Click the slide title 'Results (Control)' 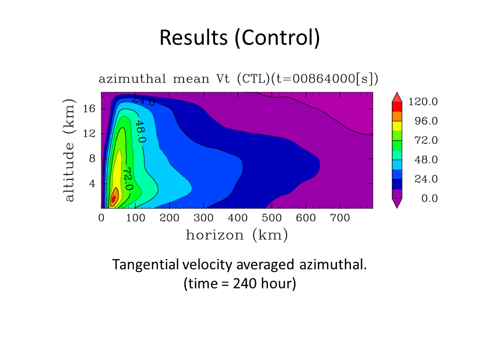239,38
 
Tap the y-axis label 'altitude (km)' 69,150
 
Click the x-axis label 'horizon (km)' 237,235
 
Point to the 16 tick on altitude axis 89,108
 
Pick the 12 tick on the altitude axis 89,133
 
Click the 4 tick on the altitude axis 92,183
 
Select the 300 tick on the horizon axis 203,217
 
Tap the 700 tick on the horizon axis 340,217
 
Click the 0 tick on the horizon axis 101,217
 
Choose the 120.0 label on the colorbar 423,101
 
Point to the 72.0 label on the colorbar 426,140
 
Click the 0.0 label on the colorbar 429,198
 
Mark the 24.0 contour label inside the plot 143,100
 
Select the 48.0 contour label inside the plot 140,131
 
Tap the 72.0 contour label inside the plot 128,179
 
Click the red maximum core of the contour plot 113,199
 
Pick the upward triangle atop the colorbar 397,97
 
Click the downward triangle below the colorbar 397,203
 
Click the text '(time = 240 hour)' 239,283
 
